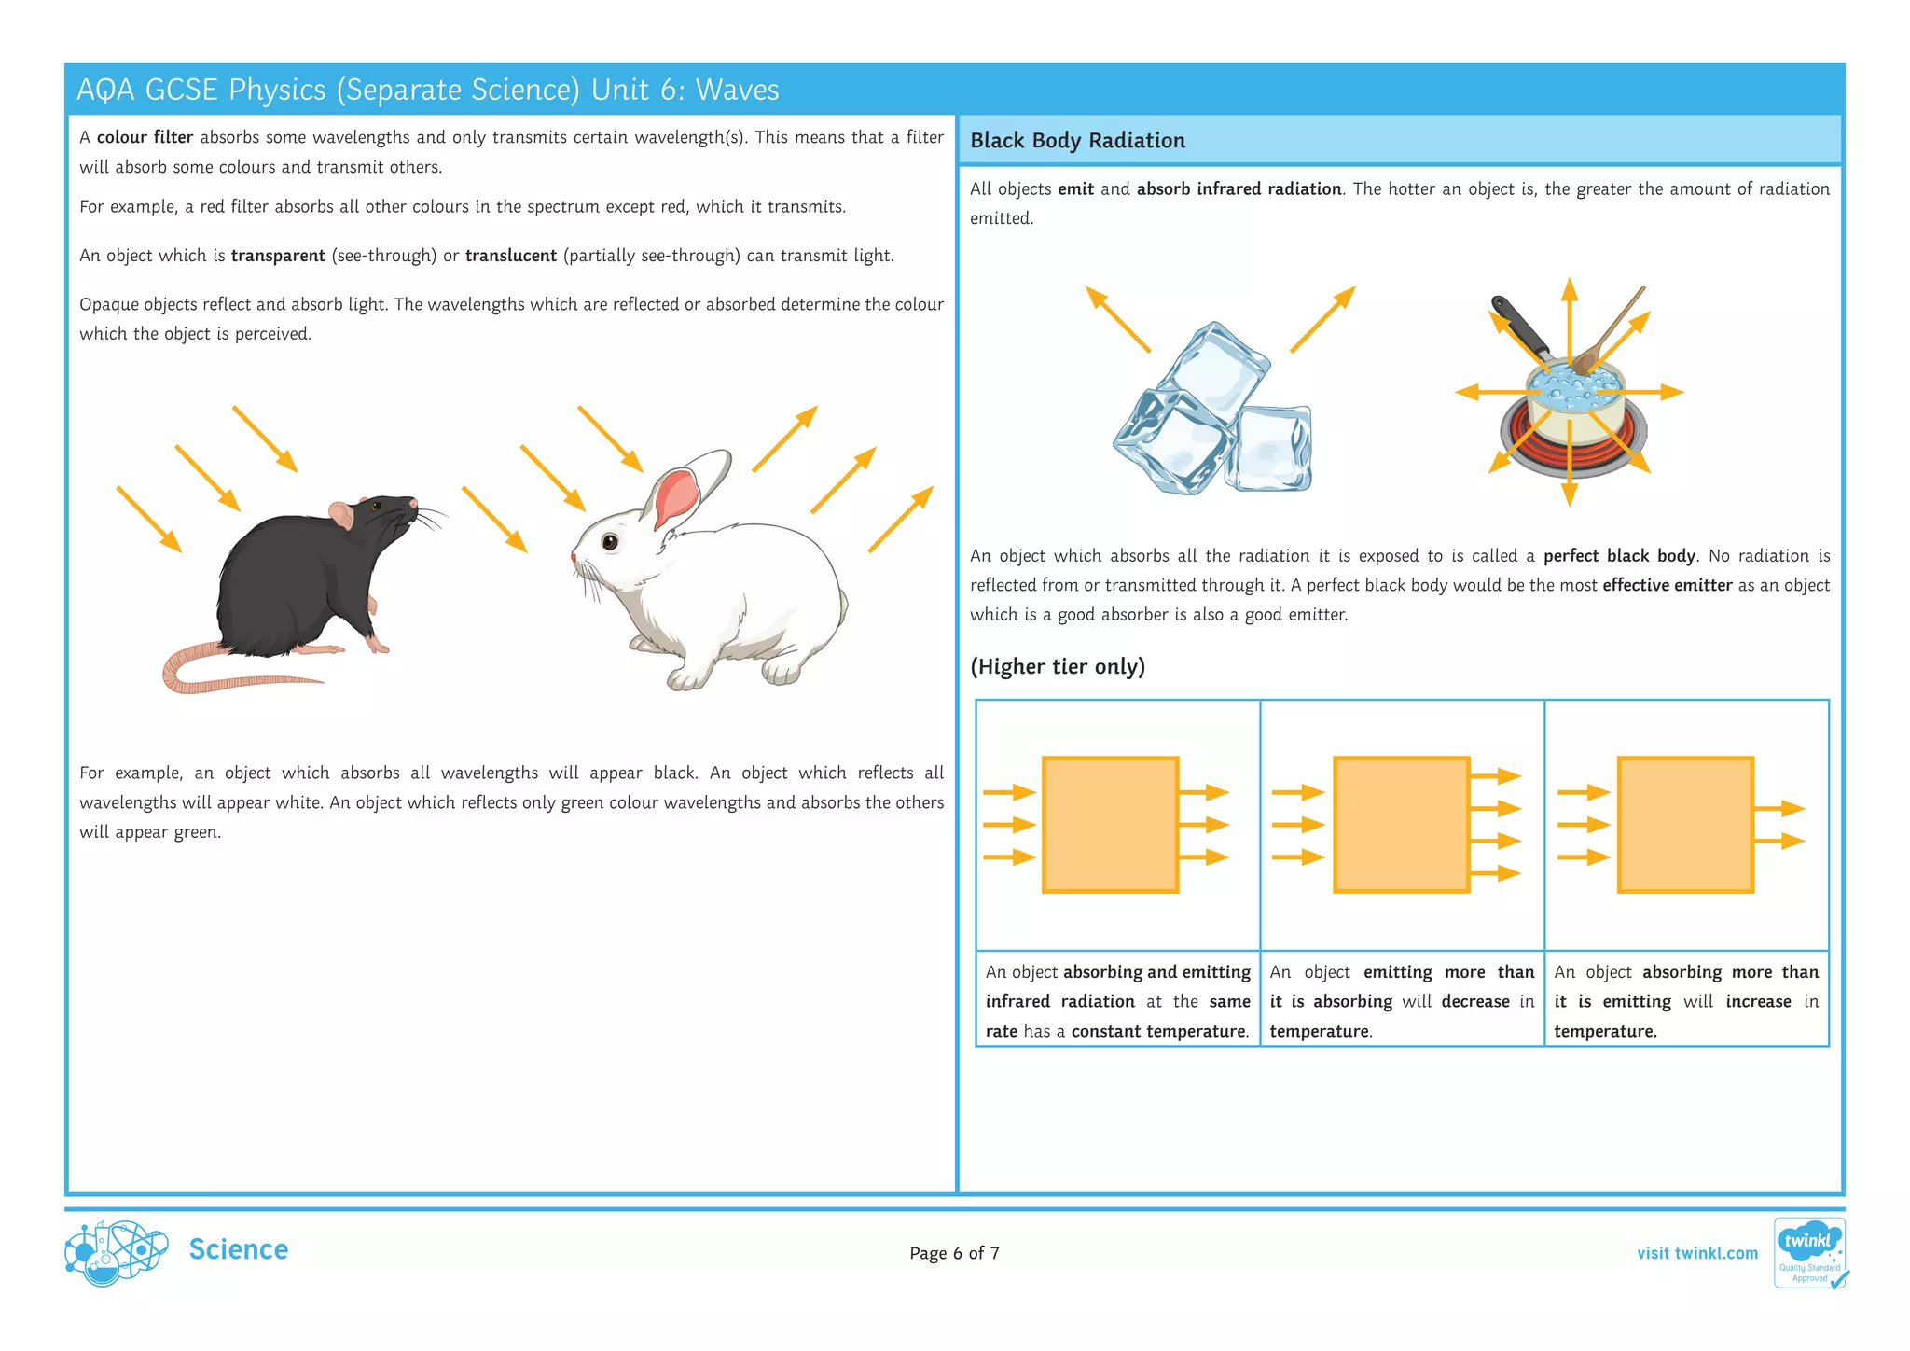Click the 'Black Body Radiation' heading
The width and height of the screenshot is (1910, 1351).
(1077, 141)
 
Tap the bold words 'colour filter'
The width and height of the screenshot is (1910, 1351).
(145, 137)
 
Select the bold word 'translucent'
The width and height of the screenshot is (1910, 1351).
(510, 256)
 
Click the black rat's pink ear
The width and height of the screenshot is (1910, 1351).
(341, 512)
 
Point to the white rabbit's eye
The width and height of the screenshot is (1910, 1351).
(610, 541)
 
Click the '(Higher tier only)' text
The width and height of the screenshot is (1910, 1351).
(1057, 666)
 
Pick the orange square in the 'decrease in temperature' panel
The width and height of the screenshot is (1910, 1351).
(1401, 825)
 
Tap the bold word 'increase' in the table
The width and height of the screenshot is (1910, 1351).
(1758, 1001)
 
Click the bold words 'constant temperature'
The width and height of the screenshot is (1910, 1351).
(1158, 1031)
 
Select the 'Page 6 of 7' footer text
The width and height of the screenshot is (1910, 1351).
(954, 1253)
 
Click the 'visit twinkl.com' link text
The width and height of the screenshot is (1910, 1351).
(1696, 1253)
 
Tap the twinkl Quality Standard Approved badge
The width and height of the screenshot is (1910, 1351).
(1808, 1253)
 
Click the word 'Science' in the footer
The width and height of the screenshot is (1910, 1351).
(238, 1249)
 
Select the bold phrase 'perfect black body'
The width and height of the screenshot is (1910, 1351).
(1618, 556)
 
